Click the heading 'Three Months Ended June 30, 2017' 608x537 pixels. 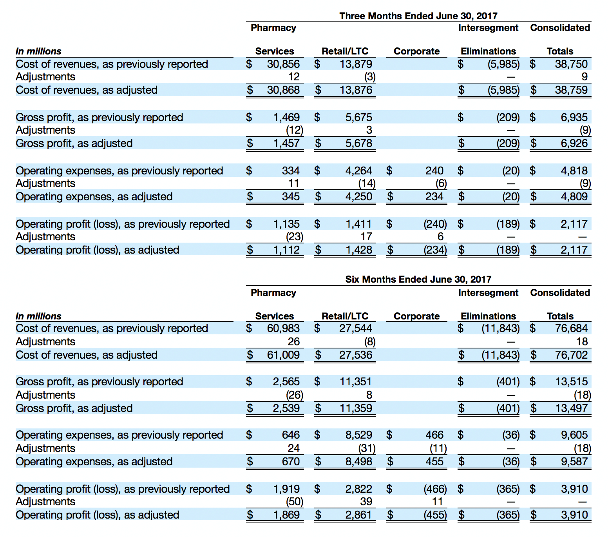click(418, 16)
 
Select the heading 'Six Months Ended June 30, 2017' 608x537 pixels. click(418, 279)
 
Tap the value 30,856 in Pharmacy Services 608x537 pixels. click(283, 64)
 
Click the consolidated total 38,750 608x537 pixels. click(571, 64)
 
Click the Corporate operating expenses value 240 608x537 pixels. click(434, 171)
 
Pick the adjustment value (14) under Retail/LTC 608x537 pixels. click(367, 183)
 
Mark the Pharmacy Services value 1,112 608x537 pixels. click(286, 250)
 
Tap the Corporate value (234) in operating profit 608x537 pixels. click(435, 250)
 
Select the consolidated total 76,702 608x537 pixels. click(571, 355)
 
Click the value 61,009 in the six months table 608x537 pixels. click(283, 355)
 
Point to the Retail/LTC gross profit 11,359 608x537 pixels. click(356, 408)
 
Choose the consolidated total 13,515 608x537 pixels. click(571, 381)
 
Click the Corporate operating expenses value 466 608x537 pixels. click(434, 435)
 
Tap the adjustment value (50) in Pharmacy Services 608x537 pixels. click(295, 502)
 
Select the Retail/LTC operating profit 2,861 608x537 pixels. click(358, 515)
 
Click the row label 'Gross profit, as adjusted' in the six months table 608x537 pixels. click(74, 408)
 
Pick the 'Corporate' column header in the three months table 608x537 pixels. click(416, 51)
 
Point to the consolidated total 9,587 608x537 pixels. click(574, 461)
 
